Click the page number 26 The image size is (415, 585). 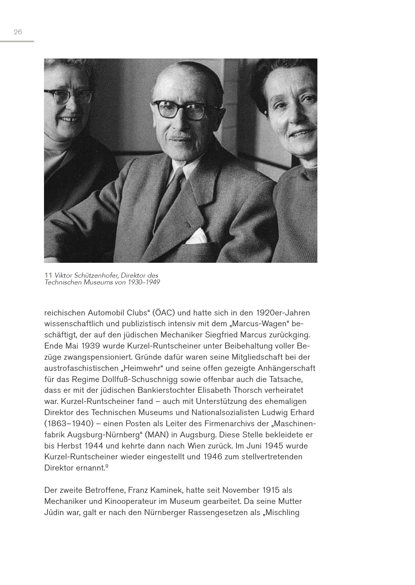pyautogui.click(x=18, y=32)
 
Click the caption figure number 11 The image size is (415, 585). pyautogui.click(x=48, y=275)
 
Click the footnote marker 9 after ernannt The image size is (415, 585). pyautogui.click(x=107, y=466)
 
